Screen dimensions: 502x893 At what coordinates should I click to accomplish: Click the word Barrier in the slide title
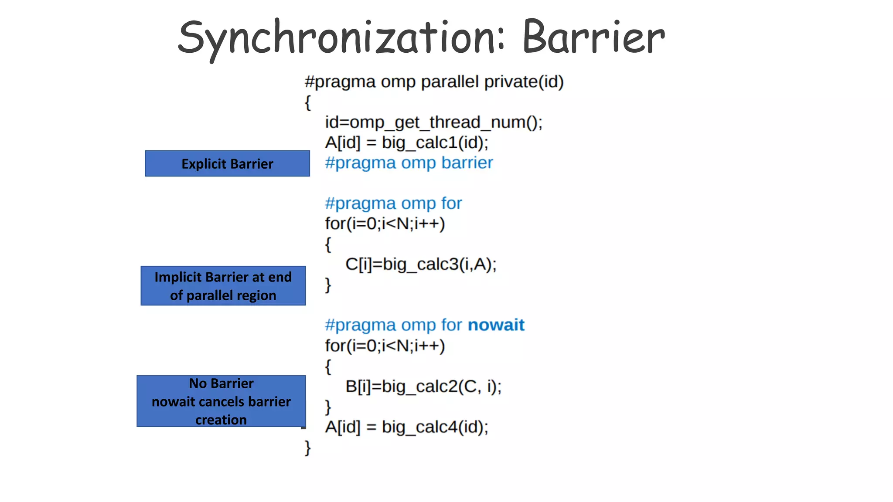593,38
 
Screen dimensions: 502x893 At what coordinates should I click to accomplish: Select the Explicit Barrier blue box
227,164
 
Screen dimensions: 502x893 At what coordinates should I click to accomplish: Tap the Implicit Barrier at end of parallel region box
223,286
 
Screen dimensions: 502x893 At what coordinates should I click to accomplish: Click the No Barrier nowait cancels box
221,401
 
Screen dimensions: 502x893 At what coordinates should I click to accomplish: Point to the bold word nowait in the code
496,325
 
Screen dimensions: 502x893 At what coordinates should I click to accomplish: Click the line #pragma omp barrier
409,163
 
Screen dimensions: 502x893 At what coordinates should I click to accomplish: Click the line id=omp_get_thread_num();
433,122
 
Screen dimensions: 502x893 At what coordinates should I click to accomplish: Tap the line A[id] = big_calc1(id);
406,143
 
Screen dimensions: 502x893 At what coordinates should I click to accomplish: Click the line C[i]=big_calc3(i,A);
421,265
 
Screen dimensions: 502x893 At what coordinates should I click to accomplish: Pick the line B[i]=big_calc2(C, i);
423,387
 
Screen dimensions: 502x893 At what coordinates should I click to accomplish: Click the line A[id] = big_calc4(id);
406,427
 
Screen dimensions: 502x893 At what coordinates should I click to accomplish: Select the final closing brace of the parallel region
308,448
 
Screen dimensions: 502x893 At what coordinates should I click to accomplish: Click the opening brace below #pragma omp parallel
308,103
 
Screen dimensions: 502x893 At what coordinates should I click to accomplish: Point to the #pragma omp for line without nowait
393,204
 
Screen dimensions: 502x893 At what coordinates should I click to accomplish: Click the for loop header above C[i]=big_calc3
385,224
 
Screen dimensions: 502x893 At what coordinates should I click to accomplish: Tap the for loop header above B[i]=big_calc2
385,346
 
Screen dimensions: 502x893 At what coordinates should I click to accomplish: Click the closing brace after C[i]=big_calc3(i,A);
328,285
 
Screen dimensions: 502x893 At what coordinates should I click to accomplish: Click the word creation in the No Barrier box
221,420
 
